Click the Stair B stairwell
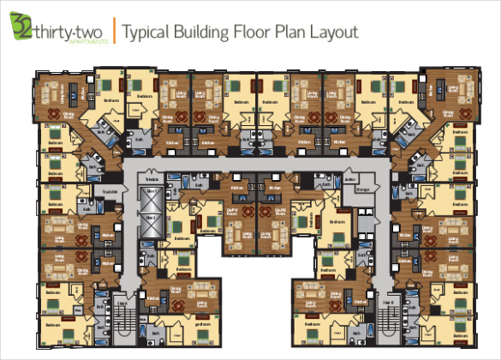(387, 318)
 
